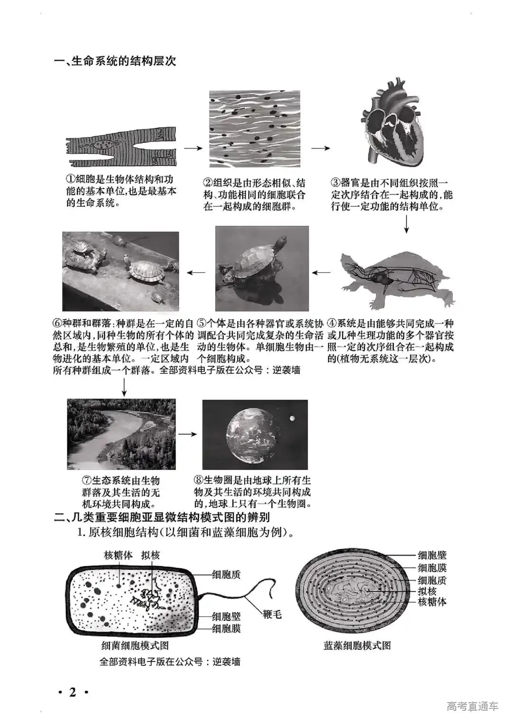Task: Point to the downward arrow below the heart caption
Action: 406,224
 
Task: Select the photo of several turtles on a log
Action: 120,271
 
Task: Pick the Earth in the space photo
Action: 251,435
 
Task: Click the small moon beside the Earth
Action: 293,418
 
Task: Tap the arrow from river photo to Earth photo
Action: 188,434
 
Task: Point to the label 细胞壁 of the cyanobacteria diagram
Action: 432,555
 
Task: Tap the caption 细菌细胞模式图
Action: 135,645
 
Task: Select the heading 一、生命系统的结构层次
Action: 115,61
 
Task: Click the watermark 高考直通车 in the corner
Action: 472,706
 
